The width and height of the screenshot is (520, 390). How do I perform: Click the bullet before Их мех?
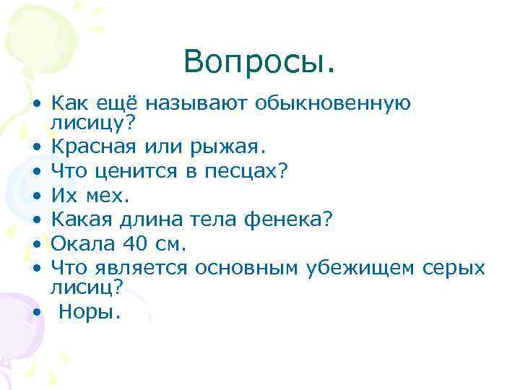[x=35, y=196]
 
